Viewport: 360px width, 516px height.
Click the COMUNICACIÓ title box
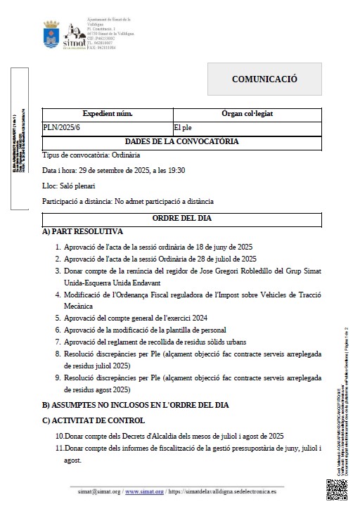point(265,79)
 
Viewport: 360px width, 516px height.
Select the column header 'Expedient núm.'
point(108,113)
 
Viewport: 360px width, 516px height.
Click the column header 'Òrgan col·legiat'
point(247,113)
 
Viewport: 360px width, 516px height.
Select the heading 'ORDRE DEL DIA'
point(181,219)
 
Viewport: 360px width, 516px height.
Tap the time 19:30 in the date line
point(176,170)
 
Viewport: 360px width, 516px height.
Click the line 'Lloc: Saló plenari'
point(68,186)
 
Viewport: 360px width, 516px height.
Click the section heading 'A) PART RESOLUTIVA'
point(82,231)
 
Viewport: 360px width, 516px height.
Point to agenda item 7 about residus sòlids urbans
point(149,342)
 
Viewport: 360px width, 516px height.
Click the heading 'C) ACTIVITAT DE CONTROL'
point(94,420)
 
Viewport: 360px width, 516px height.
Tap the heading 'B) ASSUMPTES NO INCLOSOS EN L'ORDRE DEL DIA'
point(135,406)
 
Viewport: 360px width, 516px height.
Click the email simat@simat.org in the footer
point(99,493)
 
